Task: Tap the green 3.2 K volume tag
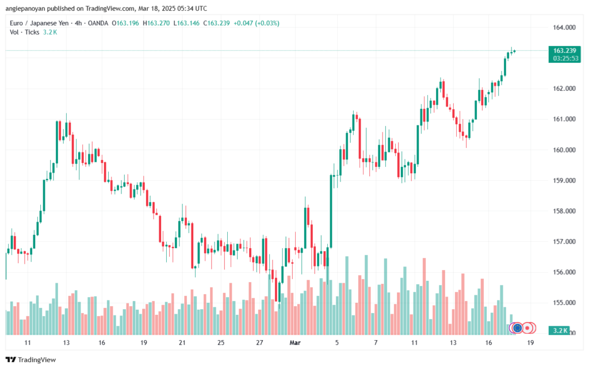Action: [559, 331]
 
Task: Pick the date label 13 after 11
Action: [67, 343]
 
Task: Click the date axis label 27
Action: [259, 343]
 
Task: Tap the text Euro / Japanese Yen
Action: [38, 23]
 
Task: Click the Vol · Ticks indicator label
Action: [24, 32]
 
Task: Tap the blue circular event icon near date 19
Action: [517, 328]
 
